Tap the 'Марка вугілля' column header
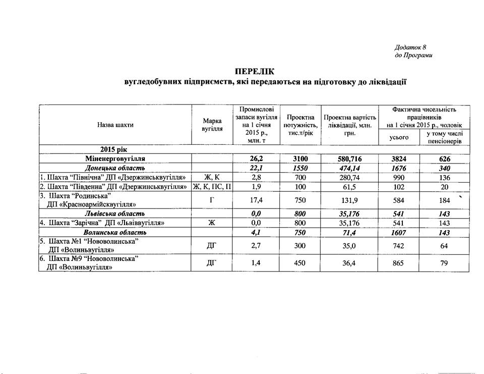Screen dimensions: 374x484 212,125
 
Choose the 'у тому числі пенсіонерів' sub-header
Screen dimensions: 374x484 441,137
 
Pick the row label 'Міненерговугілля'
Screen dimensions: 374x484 115,158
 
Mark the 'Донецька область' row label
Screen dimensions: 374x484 115,168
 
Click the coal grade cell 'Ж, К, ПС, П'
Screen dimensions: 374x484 212,186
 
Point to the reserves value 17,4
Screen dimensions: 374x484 256,200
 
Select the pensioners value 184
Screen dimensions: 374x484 441,200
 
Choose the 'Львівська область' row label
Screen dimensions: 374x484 115,213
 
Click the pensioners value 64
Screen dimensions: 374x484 441,246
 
